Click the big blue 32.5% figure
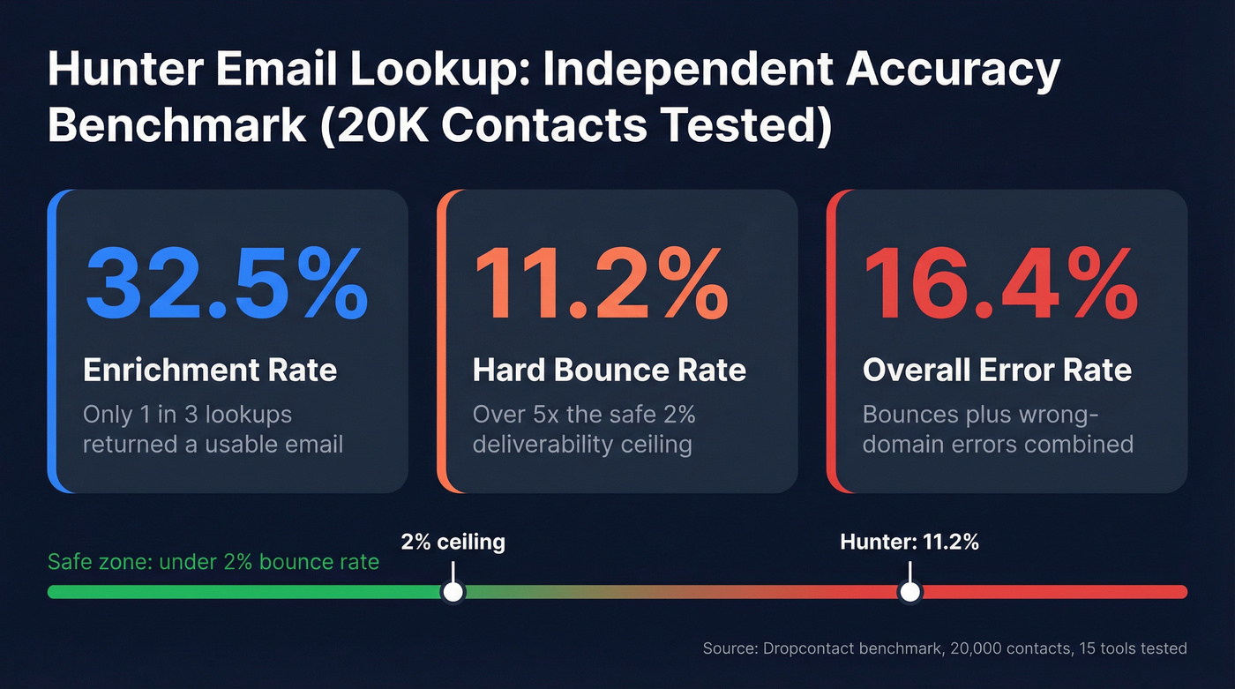226,284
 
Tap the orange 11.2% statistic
602,284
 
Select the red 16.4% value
999,284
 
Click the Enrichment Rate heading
210,370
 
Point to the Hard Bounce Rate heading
610,370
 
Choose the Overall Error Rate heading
997,370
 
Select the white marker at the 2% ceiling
453,592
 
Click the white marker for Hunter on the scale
909,592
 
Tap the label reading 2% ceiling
453,541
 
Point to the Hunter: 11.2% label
909,542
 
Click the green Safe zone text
213,562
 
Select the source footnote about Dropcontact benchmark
945,648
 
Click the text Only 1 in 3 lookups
187,414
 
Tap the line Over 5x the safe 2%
584,414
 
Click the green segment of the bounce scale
247,592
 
